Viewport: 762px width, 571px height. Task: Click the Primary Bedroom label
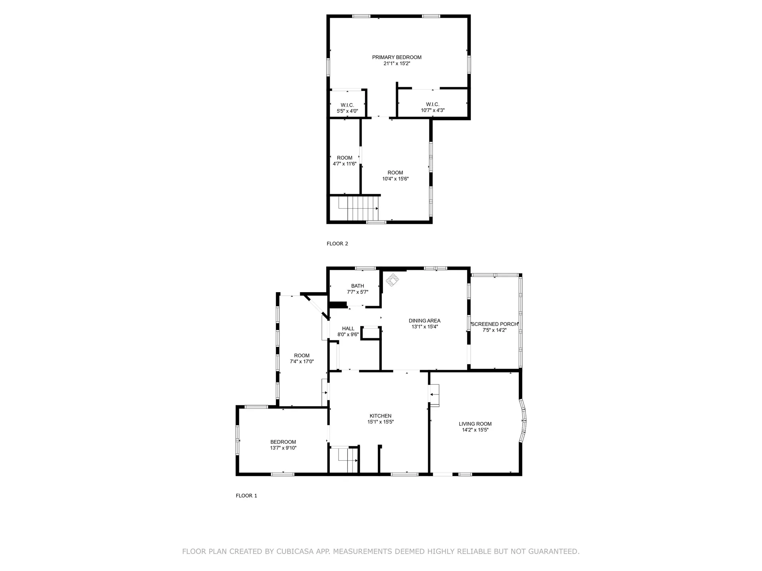point(396,57)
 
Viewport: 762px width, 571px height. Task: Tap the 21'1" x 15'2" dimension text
point(396,63)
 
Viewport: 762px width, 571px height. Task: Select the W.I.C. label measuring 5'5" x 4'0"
point(347,105)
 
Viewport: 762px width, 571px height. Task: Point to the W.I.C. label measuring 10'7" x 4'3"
point(433,104)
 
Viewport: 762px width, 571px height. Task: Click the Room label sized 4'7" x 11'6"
point(344,158)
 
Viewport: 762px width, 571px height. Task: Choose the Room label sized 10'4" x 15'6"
point(395,173)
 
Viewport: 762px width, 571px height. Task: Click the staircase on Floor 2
point(358,209)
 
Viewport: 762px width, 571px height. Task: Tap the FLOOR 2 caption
point(337,243)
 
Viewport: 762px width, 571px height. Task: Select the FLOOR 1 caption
point(246,496)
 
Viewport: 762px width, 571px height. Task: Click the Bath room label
point(358,286)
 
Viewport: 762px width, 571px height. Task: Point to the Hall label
point(348,329)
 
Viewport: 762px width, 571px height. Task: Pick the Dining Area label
point(425,321)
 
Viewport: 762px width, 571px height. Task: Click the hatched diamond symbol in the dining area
point(393,280)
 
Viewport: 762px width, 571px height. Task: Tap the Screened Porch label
point(495,324)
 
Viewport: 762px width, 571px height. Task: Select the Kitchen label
point(381,416)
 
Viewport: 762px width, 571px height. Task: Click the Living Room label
point(475,424)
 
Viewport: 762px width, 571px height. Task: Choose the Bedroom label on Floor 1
point(283,442)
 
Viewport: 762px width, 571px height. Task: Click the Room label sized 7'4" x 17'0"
point(302,356)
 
